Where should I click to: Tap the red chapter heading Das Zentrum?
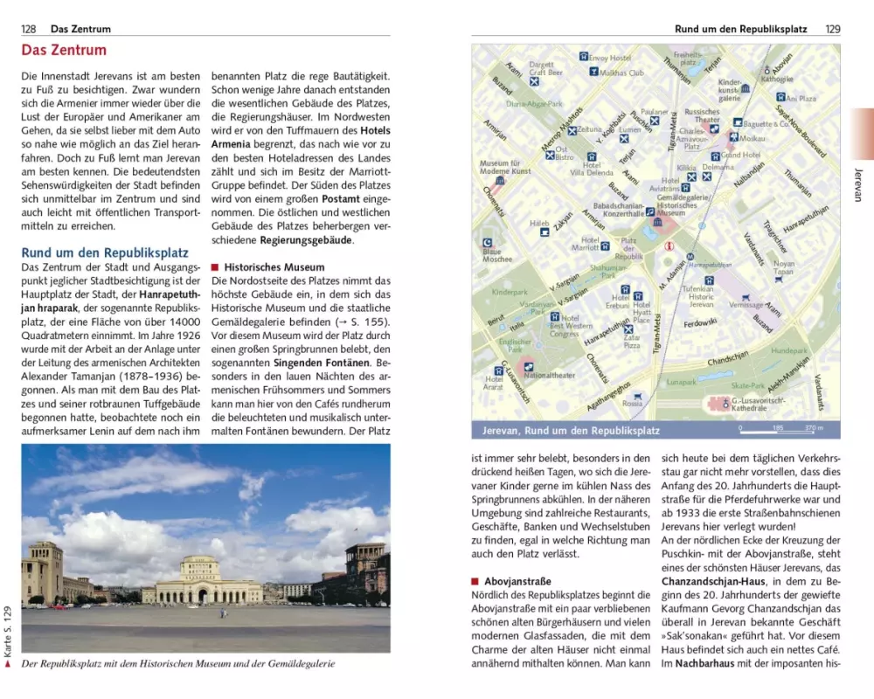64,51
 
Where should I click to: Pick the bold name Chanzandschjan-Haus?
716,581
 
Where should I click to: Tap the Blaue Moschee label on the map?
497,255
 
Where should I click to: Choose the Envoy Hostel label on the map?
609,58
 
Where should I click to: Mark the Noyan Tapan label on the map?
783,267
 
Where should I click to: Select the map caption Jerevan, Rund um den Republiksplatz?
572,431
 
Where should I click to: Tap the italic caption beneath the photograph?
178,664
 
